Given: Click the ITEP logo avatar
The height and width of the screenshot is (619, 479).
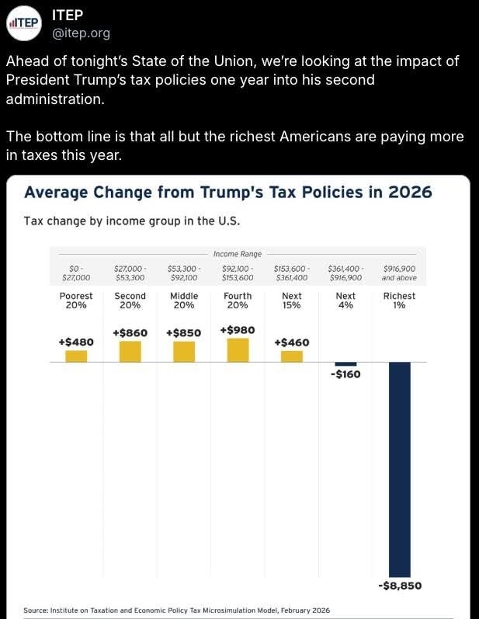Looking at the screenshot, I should (x=23, y=23).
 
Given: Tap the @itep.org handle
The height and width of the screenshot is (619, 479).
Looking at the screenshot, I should (x=81, y=33).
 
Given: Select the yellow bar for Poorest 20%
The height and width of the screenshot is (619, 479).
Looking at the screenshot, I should (x=76, y=356).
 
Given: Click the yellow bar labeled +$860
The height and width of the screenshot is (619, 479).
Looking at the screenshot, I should (x=130, y=352).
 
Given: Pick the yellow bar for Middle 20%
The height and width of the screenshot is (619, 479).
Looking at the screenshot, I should (x=184, y=352).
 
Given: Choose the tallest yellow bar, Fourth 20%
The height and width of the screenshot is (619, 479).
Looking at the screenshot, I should (x=238, y=350).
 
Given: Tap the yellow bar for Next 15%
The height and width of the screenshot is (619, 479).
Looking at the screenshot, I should (x=291, y=356).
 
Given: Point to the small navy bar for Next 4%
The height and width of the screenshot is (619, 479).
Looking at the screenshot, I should (x=345, y=364).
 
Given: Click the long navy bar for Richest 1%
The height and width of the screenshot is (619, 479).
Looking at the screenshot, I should (x=399, y=466).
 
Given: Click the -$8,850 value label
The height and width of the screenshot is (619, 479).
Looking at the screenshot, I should (x=399, y=586).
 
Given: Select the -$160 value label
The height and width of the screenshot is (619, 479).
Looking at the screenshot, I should (x=345, y=374).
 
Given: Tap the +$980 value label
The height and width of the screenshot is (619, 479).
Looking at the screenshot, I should (x=238, y=330).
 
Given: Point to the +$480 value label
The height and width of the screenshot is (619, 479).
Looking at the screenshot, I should (x=76, y=342).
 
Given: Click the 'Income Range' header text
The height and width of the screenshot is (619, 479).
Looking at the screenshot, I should (x=238, y=254).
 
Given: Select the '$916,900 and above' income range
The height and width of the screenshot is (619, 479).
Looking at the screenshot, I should (x=399, y=273).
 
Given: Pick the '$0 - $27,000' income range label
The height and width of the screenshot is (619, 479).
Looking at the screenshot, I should (x=76, y=273).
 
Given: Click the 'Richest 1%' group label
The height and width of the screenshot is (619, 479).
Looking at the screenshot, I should (x=399, y=301).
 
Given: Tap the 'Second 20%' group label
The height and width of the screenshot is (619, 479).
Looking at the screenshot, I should (x=130, y=301).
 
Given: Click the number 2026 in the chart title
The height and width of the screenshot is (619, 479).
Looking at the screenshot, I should (x=408, y=192).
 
